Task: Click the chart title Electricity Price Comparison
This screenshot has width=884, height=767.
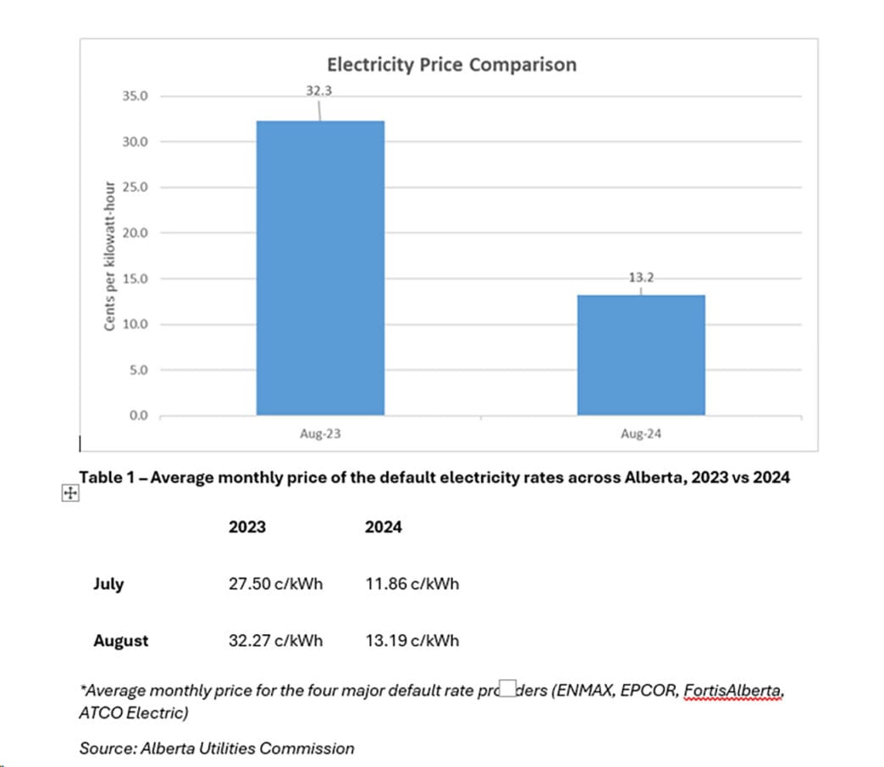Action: click(x=451, y=64)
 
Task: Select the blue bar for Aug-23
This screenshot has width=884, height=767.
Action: click(x=320, y=268)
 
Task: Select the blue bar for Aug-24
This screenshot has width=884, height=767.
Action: click(x=641, y=355)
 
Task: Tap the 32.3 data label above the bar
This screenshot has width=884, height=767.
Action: click(x=319, y=90)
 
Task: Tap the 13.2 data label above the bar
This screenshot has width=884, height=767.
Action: click(x=641, y=277)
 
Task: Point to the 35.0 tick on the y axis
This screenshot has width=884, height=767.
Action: click(x=135, y=97)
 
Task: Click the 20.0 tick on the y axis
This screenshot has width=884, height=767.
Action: click(x=135, y=233)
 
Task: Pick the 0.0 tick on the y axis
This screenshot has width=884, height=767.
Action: click(x=138, y=416)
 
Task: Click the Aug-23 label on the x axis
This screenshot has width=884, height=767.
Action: click(x=320, y=433)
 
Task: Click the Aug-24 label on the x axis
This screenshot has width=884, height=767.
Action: click(x=641, y=433)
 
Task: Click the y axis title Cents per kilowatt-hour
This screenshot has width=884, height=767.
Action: click(x=109, y=256)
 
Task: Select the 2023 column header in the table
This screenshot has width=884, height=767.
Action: click(x=247, y=527)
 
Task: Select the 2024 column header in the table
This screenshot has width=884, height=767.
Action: click(x=383, y=527)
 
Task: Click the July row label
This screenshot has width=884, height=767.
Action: click(x=108, y=584)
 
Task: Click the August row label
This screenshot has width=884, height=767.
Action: click(x=120, y=641)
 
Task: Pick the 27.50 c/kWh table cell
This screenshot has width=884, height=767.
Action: click(x=276, y=584)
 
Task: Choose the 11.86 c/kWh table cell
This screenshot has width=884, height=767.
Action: click(x=412, y=584)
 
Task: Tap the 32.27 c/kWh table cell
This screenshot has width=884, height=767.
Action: click(x=276, y=641)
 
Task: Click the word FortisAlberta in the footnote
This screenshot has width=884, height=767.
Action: click(x=732, y=690)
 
